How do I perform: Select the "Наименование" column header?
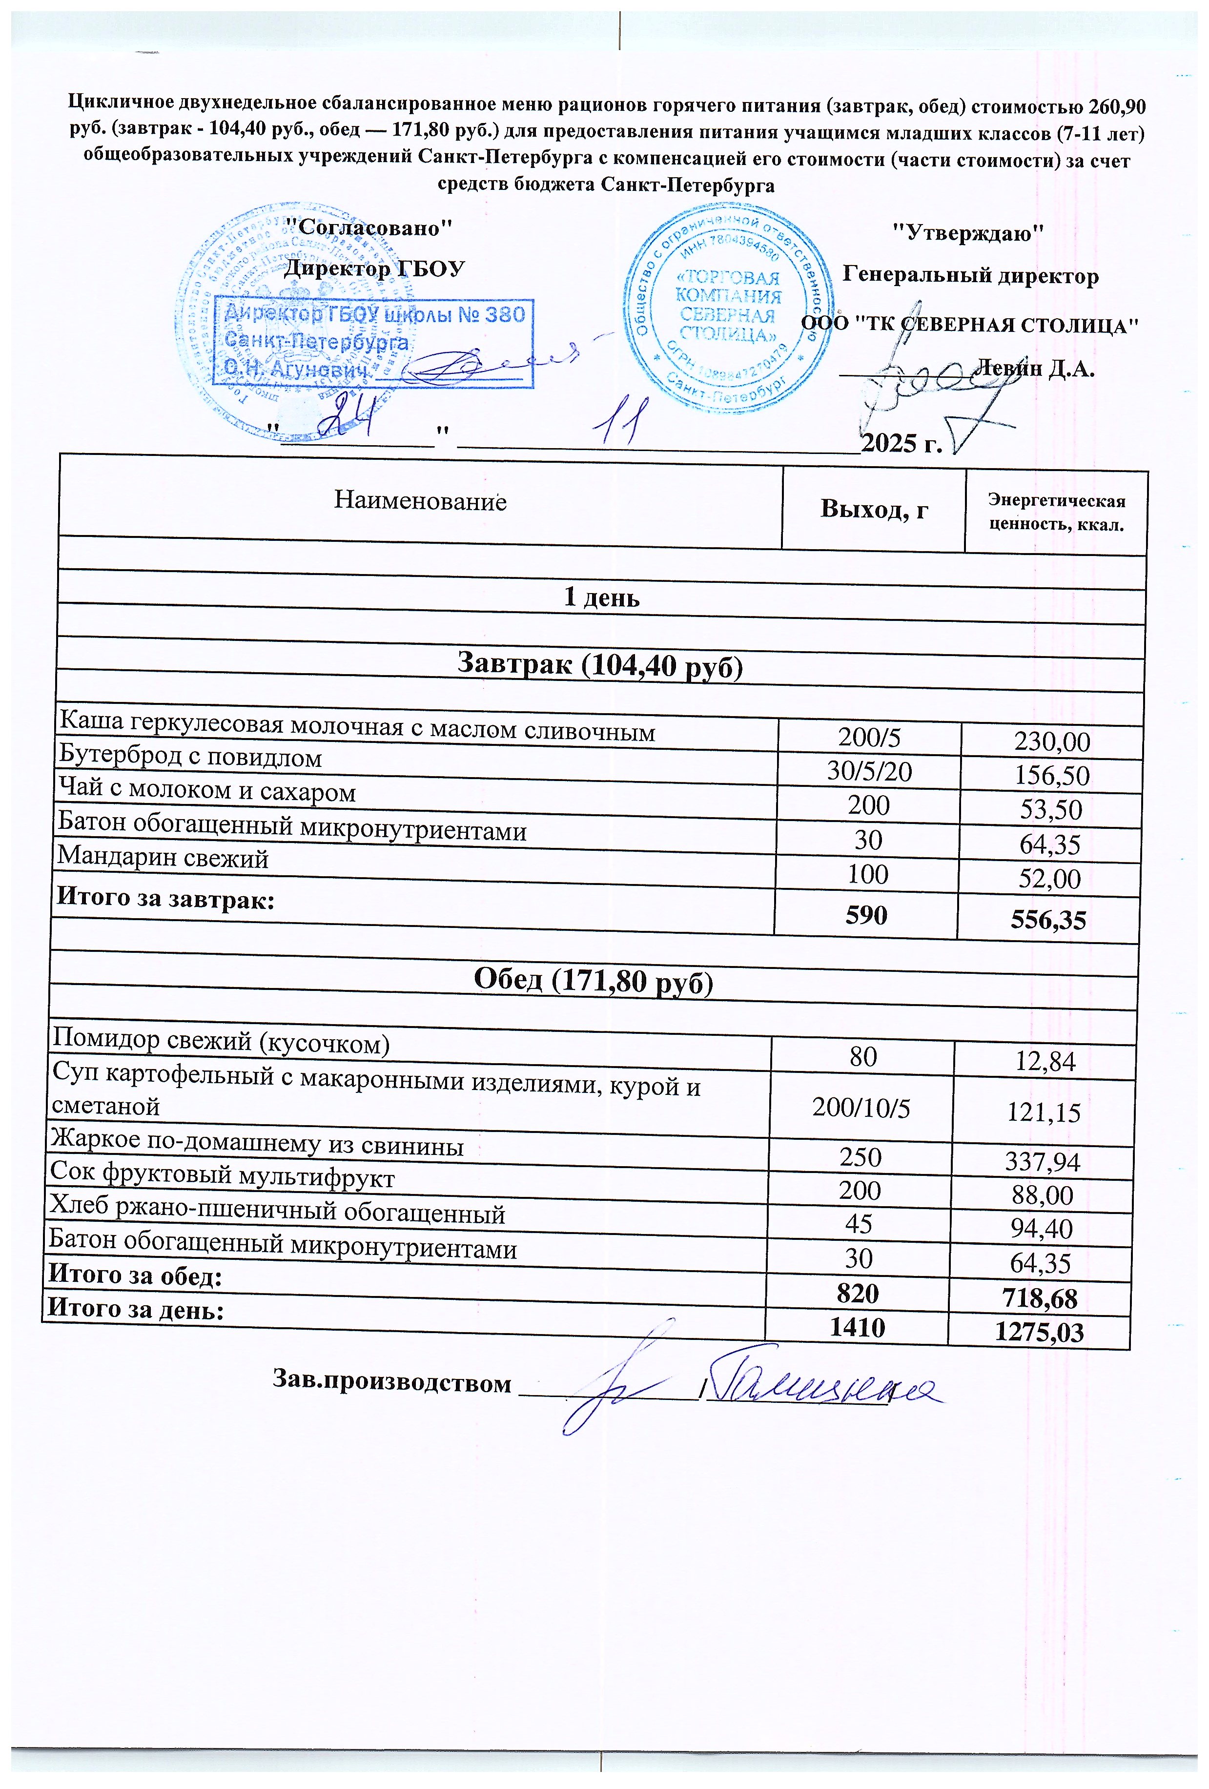point(420,501)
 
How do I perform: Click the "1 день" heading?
point(602,598)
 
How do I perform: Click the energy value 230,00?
point(1052,741)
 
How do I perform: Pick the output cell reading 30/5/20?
point(869,771)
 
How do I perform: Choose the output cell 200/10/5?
point(861,1109)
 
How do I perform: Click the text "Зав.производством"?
point(392,1383)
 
